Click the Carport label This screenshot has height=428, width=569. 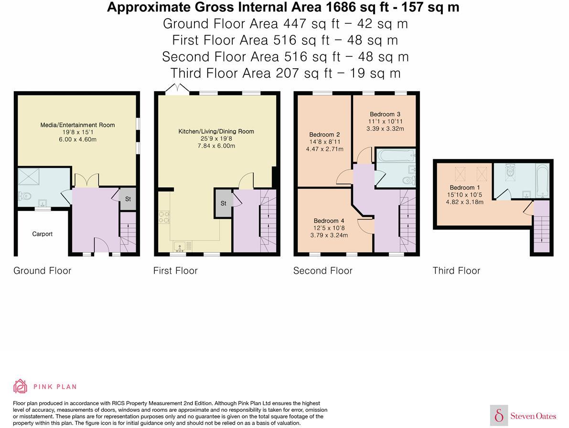[x=42, y=234]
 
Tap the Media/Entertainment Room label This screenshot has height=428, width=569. [x=78, y=125]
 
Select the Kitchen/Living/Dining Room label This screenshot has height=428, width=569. [x=216, y=132]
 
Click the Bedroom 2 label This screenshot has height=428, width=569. [x=324, y=135]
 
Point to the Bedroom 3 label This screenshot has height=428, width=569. [x=385, y=114]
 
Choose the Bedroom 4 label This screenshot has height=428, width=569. [x=329, y=221]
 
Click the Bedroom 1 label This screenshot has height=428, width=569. [x=464, y=188]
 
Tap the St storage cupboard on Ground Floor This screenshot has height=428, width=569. [x=128, y=199]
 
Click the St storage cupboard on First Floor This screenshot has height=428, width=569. [x=224, y=203]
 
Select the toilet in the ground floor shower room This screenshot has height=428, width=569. [x=25, y=197]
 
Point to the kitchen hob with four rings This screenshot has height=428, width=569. [x=164, y=217]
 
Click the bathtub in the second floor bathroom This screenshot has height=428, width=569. [x=396, y=156]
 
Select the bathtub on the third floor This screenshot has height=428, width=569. [x=542, y=181]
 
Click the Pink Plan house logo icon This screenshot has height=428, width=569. [x=21, y=386]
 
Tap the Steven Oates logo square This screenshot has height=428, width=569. [x=499, y=415]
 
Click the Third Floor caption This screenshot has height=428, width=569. [x=456, y=271]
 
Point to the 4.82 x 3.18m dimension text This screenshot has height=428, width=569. [x=464, y=202]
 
